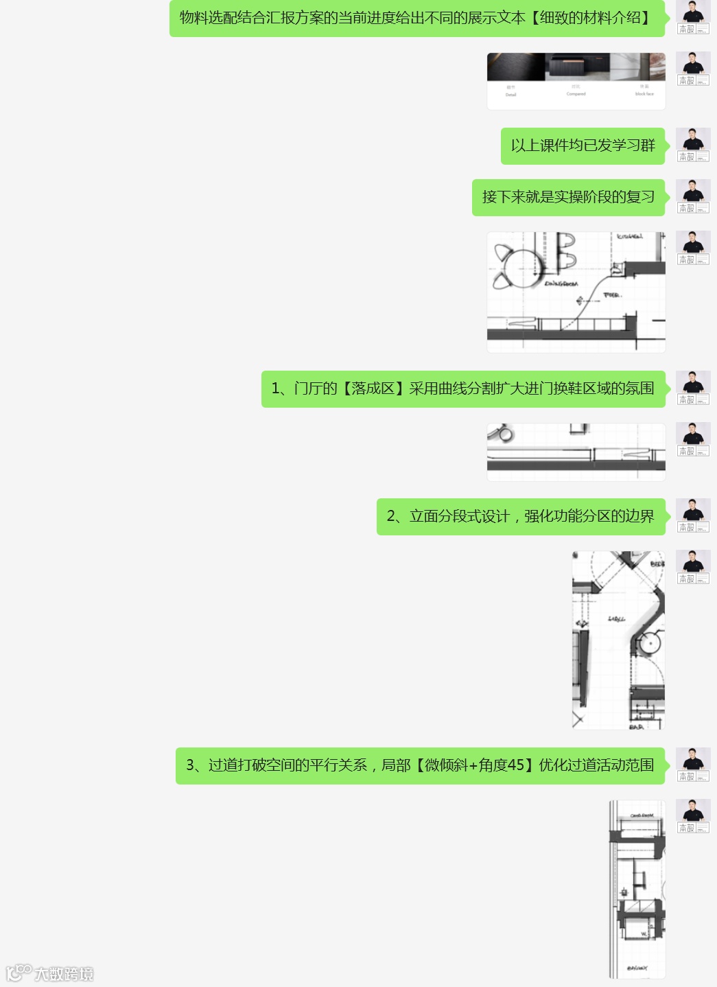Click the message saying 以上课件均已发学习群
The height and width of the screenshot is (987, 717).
[x=583, y=146]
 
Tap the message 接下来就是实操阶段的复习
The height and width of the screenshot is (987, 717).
[x=568, y=197]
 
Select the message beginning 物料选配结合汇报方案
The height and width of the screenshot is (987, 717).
[x=416, y=19]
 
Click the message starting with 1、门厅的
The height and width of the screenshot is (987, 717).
[x=463, y=388]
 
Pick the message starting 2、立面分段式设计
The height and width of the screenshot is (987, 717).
[x=521, y=516]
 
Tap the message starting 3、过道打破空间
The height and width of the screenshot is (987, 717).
[x=420, y=765]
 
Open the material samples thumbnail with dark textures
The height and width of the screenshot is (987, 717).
[x=576, y=80]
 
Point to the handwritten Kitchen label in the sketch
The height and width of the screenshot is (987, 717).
[x=629, y=237]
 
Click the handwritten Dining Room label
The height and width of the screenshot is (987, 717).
[x=561, y=283]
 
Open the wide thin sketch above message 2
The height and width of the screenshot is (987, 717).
[x=576, y=452]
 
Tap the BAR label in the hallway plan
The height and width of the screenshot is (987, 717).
[x=636, y=726]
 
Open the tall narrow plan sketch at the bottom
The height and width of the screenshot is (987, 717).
[x=637, y=889]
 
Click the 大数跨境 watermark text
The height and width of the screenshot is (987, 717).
[x=64, y=973]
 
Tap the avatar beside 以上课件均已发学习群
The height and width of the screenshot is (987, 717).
[x=693, y=145]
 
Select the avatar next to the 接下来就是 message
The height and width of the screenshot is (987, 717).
[x=693, y=196]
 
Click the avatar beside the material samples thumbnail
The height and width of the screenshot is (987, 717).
[x=693, y=69]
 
